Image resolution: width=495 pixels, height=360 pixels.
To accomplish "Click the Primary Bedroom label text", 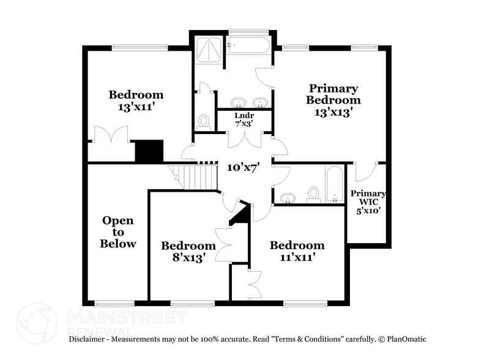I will coord(333,94).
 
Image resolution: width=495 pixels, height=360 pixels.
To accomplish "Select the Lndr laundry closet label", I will coord(244,115).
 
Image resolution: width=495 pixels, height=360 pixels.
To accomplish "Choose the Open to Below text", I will coord(118,232).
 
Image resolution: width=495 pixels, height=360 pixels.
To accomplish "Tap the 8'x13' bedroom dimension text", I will coord(188,258).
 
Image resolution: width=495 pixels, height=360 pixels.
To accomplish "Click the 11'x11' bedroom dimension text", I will coord(297,258).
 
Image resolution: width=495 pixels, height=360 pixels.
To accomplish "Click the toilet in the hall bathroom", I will coord(314,194).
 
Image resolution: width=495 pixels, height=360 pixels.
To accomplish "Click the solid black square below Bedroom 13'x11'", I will coord(149,151).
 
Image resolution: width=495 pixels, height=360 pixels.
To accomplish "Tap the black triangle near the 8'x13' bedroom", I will coord(240,213).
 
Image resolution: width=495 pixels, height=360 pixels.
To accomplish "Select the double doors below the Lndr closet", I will coord(244,137).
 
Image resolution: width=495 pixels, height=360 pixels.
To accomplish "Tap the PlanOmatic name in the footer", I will coord(406,339).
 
